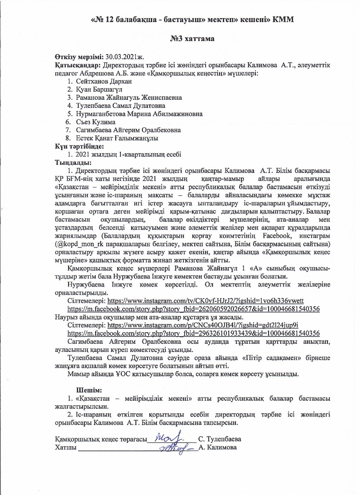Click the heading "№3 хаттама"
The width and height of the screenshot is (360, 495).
click(192, 39)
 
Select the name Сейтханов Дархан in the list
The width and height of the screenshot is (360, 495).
click(98, 81)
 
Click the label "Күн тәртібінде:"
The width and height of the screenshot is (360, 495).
click(79, 146)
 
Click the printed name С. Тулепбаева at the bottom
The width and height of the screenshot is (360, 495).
click(219, 439)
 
